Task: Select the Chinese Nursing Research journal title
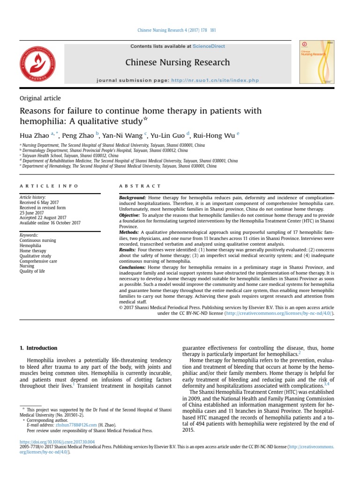point(178,62)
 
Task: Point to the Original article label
point(40,98)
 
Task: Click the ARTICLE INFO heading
point(49,186)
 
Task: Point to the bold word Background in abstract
point(133,198)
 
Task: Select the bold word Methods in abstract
point(129,232)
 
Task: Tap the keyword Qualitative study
point(35,256)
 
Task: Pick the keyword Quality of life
point(32,271)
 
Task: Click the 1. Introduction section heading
point(38,348)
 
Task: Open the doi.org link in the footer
point(57,442)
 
